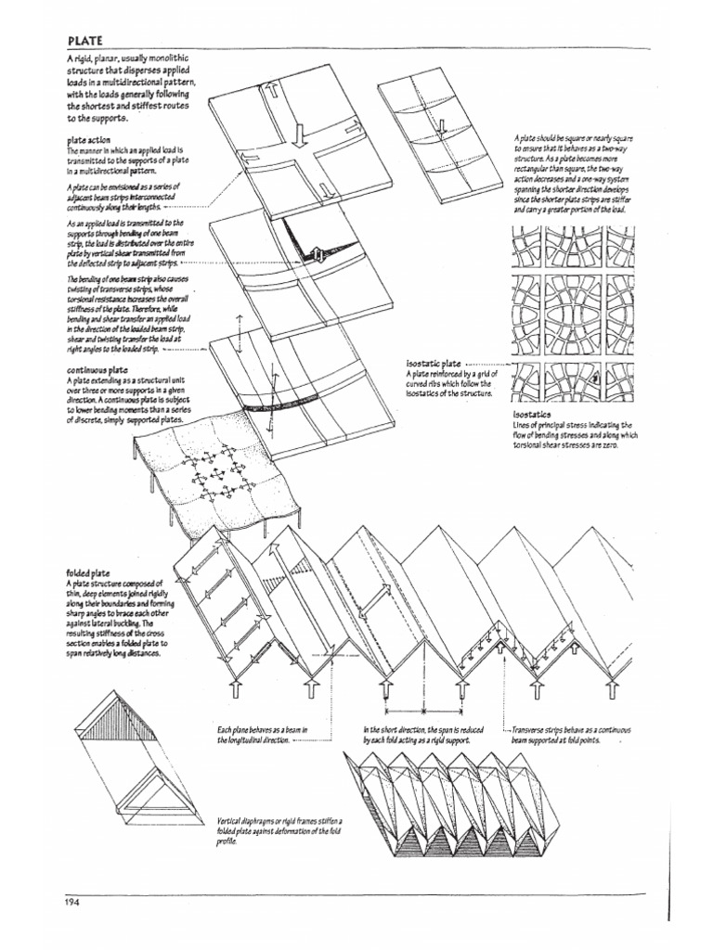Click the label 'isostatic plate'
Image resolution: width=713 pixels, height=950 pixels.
(x=434, y=365)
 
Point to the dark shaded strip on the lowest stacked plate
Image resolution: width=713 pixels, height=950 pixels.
(x=279, y=406)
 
